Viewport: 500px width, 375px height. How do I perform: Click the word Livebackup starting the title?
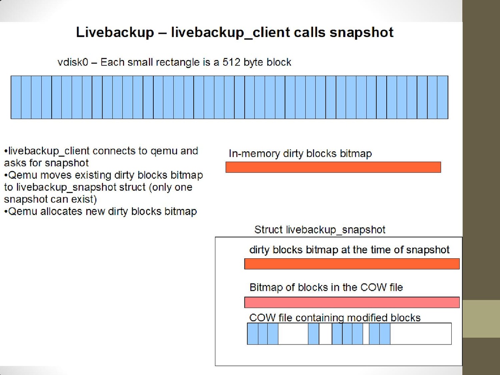[115, 32]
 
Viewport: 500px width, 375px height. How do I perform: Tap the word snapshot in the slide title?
[362, 32]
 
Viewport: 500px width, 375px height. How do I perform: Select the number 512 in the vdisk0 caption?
[231, 62]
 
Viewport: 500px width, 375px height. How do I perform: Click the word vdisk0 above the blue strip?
[72, 62]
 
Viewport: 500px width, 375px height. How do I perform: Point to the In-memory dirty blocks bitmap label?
[300, 153]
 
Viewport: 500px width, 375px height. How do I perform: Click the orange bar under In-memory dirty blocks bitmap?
[333, 167]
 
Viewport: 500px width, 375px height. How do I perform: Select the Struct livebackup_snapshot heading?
[320, 230]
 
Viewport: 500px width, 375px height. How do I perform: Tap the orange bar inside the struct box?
[352, 264]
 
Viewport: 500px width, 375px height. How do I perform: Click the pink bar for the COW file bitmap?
[352, 302]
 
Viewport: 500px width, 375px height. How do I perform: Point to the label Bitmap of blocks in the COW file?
[326, 287]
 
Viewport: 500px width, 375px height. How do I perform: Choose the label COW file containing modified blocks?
[335, 317]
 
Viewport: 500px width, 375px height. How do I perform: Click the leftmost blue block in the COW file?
[252, 334]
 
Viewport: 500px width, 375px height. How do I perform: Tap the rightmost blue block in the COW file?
[385, 334]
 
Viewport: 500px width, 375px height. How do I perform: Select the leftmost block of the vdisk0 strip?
[16, 97]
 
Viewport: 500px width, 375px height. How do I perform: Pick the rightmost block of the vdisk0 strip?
[443, 97]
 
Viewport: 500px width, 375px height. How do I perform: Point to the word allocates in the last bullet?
[61, 212]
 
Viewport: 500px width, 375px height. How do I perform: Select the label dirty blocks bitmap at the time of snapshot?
[350, 250]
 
